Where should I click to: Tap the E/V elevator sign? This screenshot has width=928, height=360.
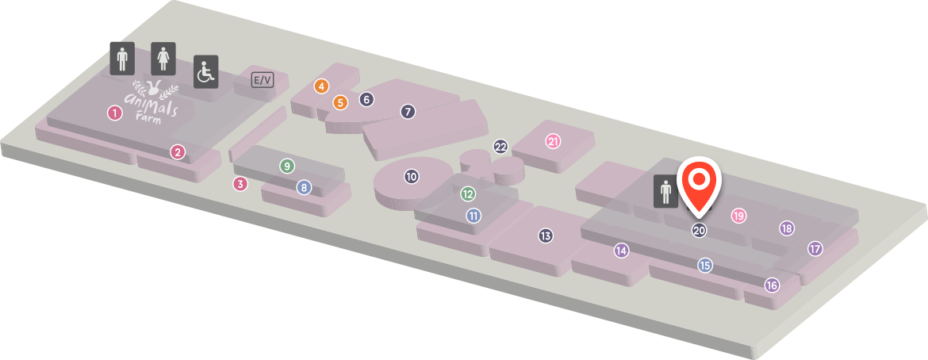click(263, 79)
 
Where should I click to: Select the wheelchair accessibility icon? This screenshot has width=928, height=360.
click(206, 72)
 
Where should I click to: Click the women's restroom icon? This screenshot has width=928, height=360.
click(163, 59)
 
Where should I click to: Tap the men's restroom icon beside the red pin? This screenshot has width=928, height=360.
click(665, 191)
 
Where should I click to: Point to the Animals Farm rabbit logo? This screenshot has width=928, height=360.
click(155, 98)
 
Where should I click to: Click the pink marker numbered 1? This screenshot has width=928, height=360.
click(115, 113)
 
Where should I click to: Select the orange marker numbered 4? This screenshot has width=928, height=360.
click(321, 86)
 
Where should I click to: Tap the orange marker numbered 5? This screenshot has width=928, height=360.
click(340, 101)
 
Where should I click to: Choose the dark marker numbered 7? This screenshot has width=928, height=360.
click(407, 111)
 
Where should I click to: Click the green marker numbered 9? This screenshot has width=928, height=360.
click(287, 166)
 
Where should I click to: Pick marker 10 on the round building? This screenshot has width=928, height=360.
click(412, 176)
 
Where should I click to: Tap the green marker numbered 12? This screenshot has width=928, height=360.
click(468, 193)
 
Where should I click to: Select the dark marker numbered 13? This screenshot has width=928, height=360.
click(546, 236)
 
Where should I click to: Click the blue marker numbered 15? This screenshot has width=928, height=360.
click(705, 266)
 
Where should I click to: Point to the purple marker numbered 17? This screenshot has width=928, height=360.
click(815, 249)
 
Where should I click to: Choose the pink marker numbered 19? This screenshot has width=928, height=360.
click(738, 216)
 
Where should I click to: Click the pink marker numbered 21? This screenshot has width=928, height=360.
click(554, 141)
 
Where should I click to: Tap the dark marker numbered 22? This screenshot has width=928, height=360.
click(500, 146)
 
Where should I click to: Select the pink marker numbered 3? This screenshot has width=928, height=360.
click(240, 183)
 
